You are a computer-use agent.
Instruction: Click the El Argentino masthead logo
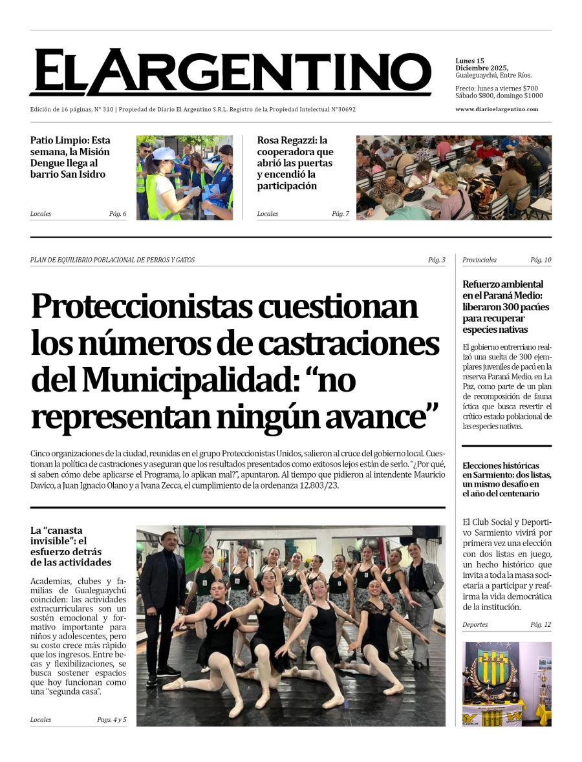[230, 72]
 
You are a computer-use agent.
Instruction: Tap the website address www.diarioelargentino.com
[497, 109]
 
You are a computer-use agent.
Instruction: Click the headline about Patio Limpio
[70, 157]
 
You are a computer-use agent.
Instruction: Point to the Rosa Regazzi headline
[296, 163]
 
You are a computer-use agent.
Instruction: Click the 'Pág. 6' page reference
[118, 214]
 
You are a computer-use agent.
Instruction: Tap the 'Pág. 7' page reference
[340, 214]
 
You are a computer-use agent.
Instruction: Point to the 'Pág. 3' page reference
[436, 260]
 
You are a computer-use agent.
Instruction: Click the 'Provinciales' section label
[479, 260]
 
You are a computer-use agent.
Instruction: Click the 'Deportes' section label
[475, 625]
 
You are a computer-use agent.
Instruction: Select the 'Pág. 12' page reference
[541, 625]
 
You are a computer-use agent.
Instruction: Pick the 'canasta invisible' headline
[70, 546]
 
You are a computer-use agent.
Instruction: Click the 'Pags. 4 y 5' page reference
[112, 719]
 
